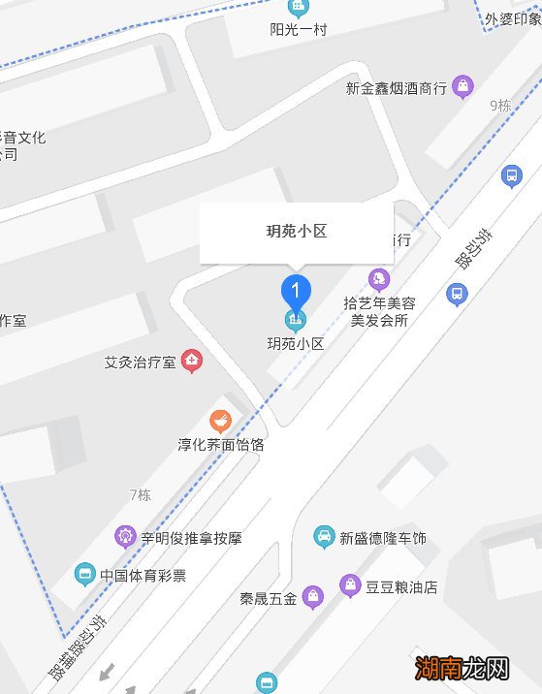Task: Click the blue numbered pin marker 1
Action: coord(296,290)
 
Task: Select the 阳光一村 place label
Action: coord(298,29)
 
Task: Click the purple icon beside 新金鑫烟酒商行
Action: coord(464,87)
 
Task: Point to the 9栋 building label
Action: coord(500,106)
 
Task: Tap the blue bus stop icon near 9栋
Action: coord(511,175)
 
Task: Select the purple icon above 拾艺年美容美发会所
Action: coord(379,279)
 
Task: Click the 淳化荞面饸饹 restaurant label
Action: coord(221,445)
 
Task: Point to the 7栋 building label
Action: coord(141,494)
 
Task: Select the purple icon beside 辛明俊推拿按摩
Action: coord(124,534)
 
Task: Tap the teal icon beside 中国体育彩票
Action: coord(85,574)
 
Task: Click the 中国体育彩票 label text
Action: coord(143,575)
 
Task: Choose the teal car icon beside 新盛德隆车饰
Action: coord(324,536)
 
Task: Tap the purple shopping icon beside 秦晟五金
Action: coord(312,596)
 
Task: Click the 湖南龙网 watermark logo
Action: coord(462,668)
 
